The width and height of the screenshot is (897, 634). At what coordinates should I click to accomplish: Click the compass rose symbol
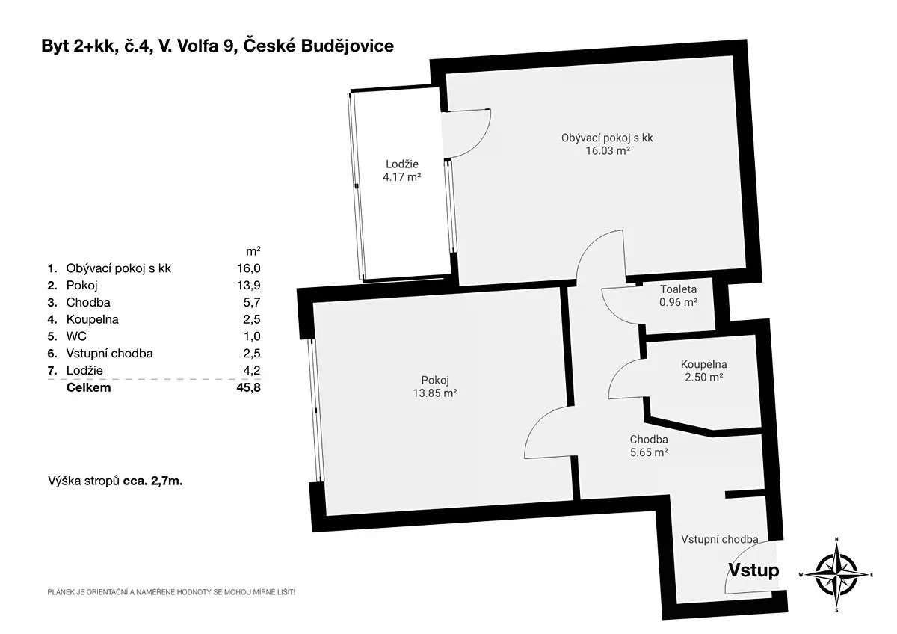click(x=836, y=575)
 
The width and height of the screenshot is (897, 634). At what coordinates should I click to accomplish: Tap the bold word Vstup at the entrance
click(x=753, y=570)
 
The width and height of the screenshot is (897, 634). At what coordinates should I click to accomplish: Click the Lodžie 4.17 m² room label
click(x=401, y=170)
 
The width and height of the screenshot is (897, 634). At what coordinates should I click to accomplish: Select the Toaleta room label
click(x=679, y=289)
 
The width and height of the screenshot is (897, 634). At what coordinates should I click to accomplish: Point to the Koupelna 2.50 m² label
click(x=703, y=371)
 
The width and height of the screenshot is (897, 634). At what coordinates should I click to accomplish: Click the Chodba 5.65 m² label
click(x=649, y=446)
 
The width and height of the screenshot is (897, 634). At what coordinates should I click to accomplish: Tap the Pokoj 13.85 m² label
click(x=435, y=387)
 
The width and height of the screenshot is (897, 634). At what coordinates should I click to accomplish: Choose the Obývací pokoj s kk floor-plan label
click(x=607, y=138)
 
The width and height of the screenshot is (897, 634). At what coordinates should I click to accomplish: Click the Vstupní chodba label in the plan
click(x=720, y=539)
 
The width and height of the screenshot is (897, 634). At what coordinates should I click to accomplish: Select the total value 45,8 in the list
click(x=248, y=387)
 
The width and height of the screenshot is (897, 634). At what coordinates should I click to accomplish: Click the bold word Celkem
click(x=88, y=387)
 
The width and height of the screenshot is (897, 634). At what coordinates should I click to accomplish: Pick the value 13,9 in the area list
click(x=249, y=285)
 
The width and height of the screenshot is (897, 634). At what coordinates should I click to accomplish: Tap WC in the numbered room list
click(x=76, y=336)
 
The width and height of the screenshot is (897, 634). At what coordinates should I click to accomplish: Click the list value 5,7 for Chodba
click(x=251, y=302)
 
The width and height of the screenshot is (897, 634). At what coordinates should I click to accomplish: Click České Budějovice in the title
click(x=318, y=46)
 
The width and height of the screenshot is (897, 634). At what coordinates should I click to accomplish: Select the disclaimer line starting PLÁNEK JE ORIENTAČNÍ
click(x=171, y=591)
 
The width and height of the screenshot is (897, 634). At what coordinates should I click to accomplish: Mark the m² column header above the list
click(x=253, y=251)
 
